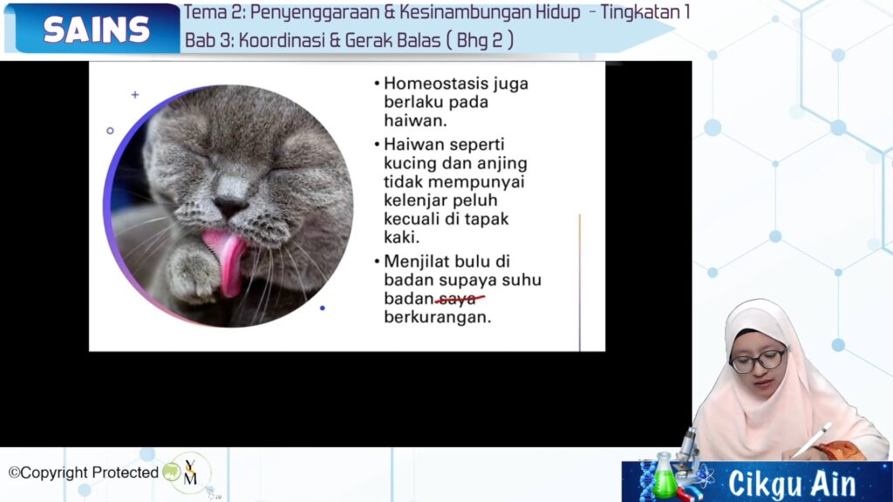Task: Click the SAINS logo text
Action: pyautogui.click(x=96, y=29)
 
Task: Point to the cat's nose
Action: pyautogui.click(x=230, y=206)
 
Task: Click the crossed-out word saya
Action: pyautogui.click(x=459, y=298)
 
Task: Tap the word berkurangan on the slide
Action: pyautogui.click(x=438, y=317)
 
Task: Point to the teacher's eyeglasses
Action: pyautogui.click(x=758, y=361)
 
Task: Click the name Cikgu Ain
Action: pyautogui.click(x=792, y=484)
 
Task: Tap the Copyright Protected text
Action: pyautogui.click(x=83, y=472)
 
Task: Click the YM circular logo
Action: pyautogui.click(x=190, y=472)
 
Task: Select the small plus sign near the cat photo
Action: pyautogui.click(x=135, y=94)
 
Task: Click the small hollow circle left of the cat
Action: pyautogui.click(x=110, y=131)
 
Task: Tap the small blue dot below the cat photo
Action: pyautogui.click(x=323, y=308)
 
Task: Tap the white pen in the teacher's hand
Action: pyautogui.click(x=812, y=439)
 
